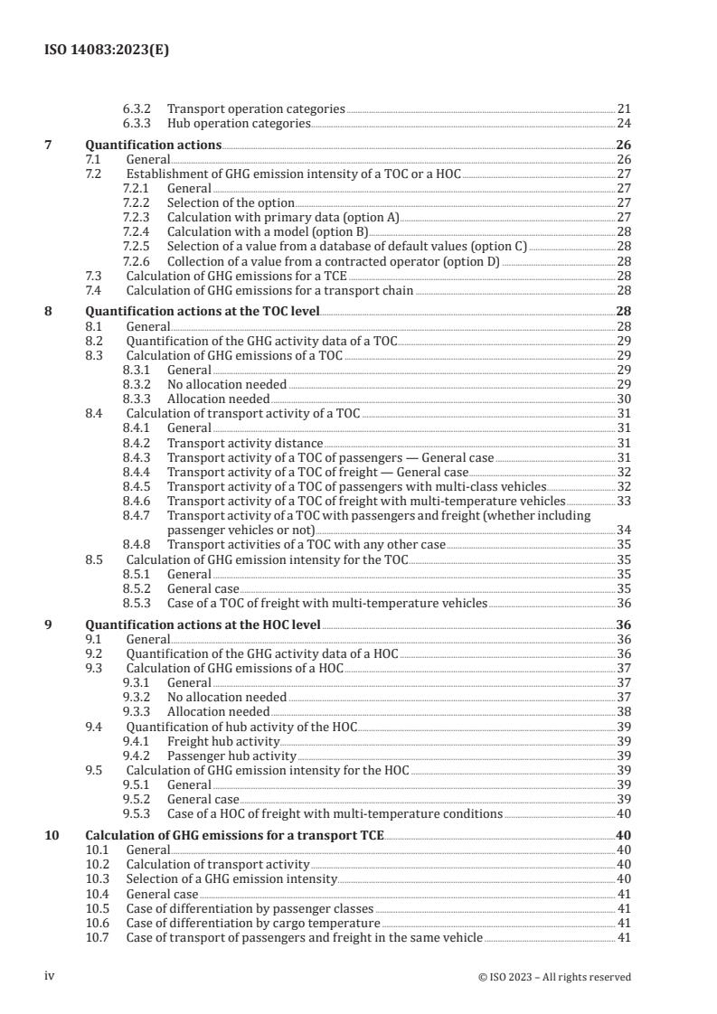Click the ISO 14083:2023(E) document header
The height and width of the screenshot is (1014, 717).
point(107,52)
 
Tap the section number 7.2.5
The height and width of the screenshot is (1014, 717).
point(137,246)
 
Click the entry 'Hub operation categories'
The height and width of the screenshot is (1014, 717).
point(239,123)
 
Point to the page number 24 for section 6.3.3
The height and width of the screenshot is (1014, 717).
point(623,123)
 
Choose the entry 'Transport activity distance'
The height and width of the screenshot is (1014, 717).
point(245,443)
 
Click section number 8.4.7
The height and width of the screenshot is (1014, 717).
point(137,515)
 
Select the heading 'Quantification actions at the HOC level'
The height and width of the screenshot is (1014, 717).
point(203,624)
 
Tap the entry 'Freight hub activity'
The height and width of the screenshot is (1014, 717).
point(224,741)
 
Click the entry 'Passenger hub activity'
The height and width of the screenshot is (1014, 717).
point(231,756)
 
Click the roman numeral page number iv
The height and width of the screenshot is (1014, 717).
point(51,976)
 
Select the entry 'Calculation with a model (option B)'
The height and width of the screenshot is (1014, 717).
point(258,231)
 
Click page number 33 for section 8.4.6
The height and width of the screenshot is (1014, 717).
point(623,501)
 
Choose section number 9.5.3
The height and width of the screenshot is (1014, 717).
point(137,813)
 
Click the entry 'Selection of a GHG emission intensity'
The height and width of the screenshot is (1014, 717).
point(231,879)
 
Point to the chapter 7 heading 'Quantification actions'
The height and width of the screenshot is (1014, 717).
point(153,145)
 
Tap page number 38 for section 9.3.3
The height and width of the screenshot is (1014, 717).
point(623,711)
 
